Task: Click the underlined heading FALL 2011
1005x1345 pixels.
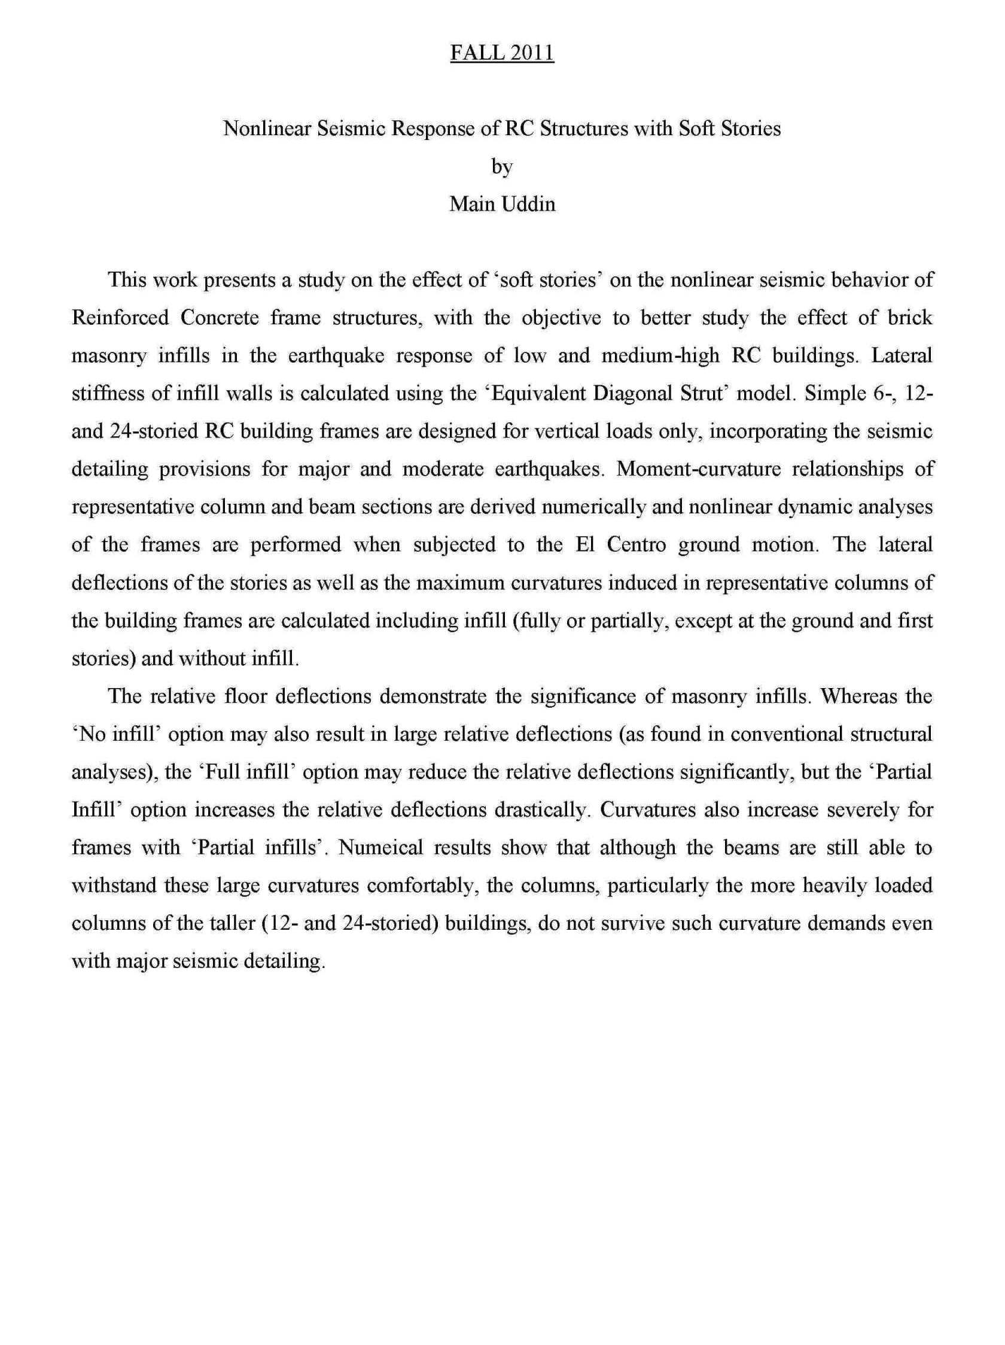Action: pyautogui.click(x=501, y=53)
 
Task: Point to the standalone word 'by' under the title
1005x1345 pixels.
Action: pyautogui.click(x=502, y=167)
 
